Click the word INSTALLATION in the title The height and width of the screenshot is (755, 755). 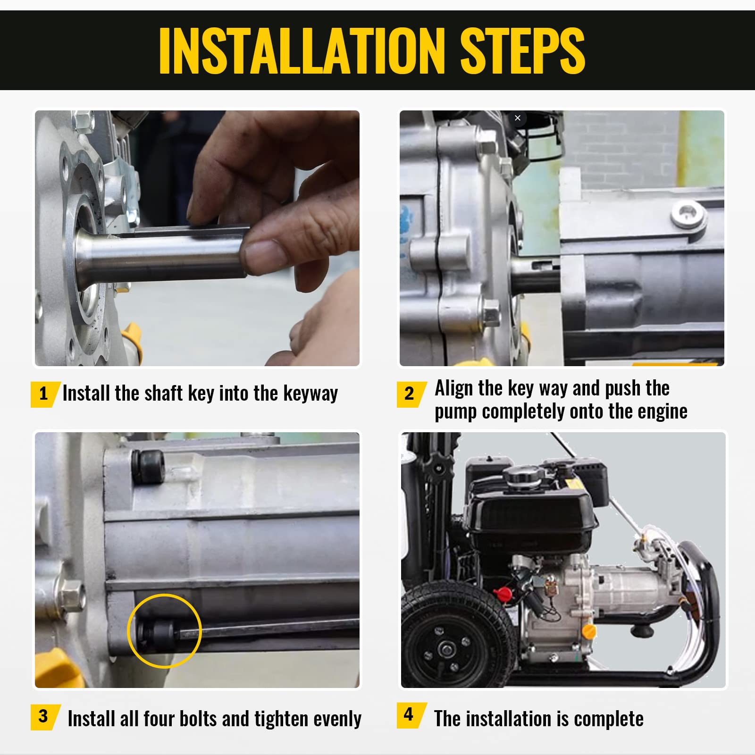tap(302, 50)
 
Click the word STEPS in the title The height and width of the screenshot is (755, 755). tap(522, 50)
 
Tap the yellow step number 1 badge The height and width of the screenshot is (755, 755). tap(45, 394)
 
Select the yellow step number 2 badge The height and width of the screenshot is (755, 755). tap(411, 394)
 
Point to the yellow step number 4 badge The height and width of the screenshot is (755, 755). tap(411, 715)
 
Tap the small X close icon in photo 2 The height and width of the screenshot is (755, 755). tap(518, 118)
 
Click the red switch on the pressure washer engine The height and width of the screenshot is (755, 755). tap(501, 592)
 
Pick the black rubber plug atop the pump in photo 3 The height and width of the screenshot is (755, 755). tap(148, 466)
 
